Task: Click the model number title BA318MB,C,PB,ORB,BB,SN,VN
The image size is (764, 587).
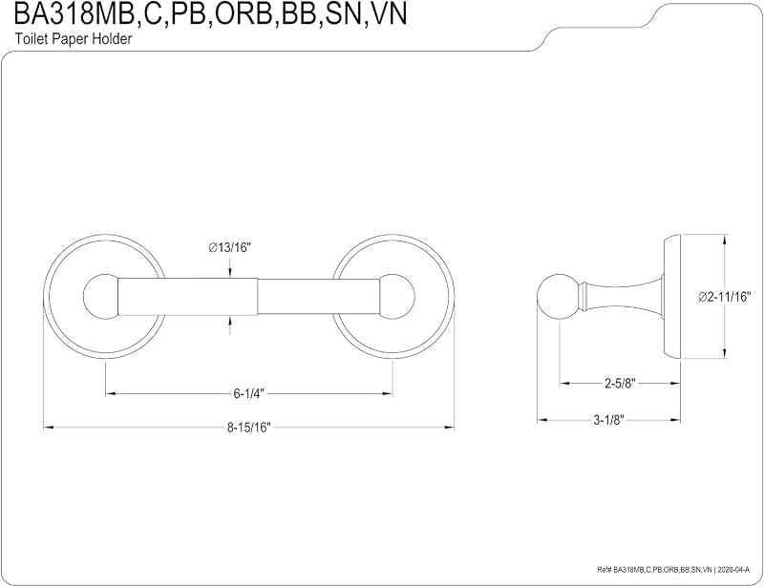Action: [210, 14]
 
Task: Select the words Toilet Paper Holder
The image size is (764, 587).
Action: [74, 39]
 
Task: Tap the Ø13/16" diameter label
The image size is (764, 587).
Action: [229, 248]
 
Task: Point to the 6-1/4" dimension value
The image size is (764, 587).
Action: [248, 393]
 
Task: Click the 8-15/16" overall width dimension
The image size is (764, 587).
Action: [248, 428]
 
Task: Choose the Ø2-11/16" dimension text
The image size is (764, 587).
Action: [725, 297]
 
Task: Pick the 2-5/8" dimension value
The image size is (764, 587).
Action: [621, 384]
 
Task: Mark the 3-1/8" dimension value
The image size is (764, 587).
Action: [609, 420]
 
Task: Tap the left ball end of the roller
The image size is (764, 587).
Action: [100, 297]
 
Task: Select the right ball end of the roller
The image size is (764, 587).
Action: [397, 297]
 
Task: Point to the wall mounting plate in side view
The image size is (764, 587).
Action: [671, 297]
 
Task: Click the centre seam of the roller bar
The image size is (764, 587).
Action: [257, 297]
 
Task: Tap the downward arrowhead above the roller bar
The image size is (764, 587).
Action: [229, 273]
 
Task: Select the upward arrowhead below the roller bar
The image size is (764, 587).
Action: [229, 321]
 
